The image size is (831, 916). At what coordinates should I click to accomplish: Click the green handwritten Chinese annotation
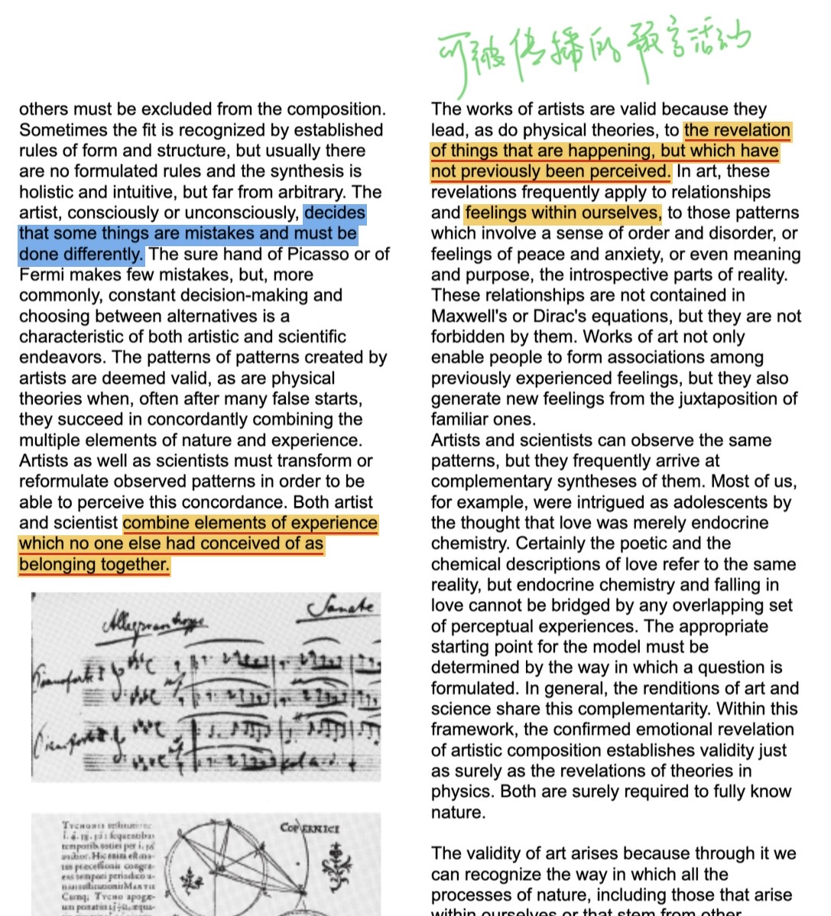593,47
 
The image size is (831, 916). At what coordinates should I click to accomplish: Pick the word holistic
50,192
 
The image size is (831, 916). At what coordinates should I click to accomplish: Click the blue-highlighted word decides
335,213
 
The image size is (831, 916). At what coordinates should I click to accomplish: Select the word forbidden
472,336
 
